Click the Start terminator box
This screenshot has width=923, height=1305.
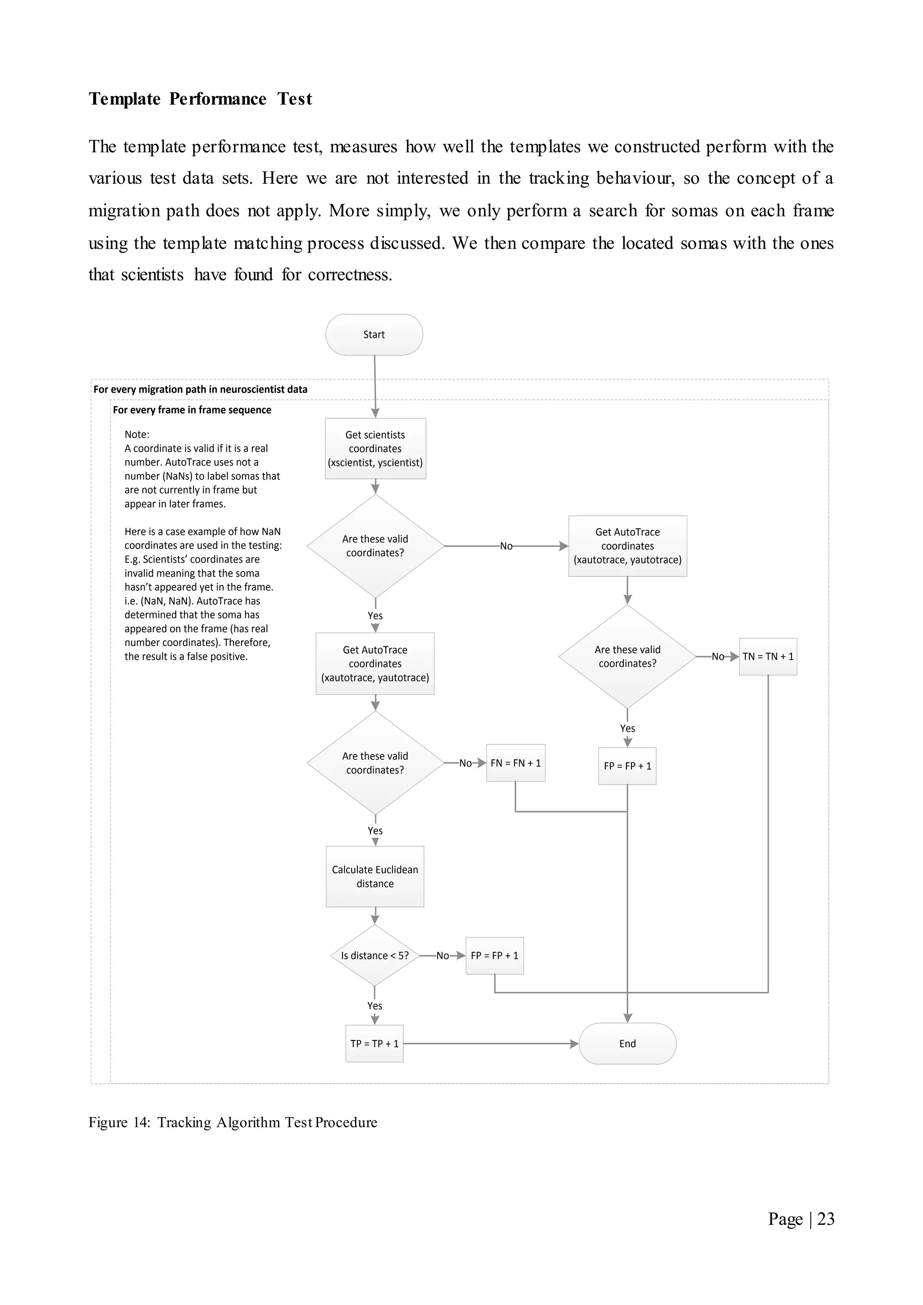(x=374, y=335)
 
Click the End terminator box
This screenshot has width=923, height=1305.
(x=627, y=1044)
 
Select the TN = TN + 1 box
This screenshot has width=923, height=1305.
(x=768, y=657)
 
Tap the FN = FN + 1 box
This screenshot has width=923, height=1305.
(x=516, y=763)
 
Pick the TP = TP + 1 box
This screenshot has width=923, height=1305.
(x=375, y=1044)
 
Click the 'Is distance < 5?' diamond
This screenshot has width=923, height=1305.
(x=375, y=955)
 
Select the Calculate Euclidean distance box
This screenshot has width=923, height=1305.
(x=375, y=876)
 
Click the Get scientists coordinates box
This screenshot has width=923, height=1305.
(x=375, y=448)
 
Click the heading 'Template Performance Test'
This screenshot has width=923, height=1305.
(x=200, y=99)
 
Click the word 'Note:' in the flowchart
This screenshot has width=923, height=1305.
(x=137, y=434)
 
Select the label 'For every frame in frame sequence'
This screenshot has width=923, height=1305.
(x=192, y=410)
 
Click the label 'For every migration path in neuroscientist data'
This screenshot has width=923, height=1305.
(x=200, y=389)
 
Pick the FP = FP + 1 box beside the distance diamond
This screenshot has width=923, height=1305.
(x=494, y=955)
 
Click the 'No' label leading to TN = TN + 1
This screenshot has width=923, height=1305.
(x=718, y=657)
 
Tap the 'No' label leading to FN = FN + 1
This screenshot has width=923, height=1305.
(x=466, y=763)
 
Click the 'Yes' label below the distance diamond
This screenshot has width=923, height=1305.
(x=375, y=1005)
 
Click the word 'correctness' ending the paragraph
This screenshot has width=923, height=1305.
(x=349, y=275)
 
